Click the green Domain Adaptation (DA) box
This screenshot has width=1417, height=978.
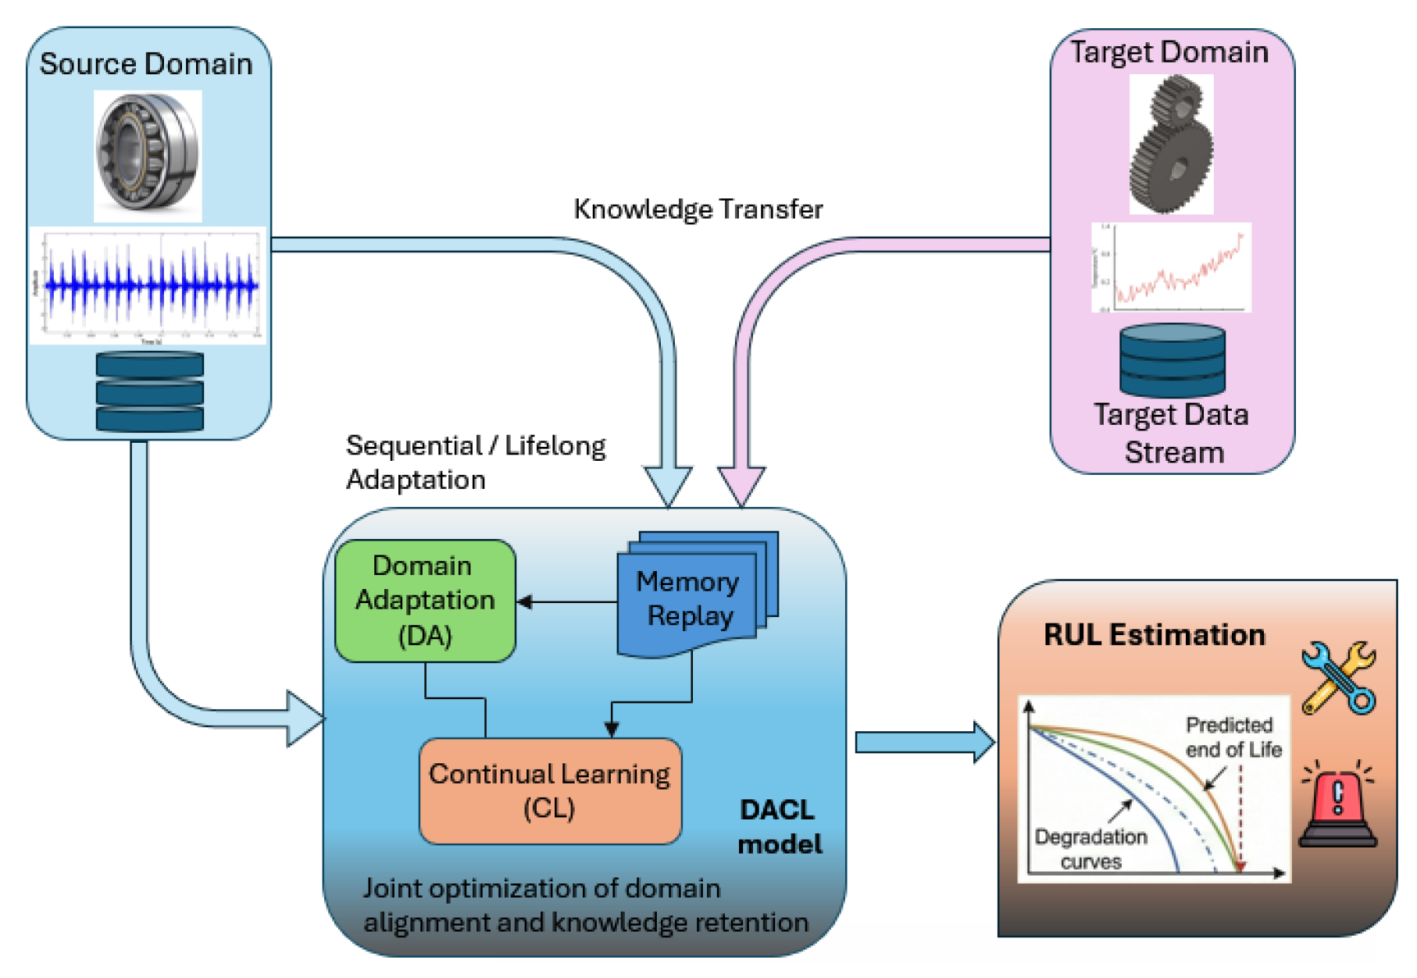pos(425,600)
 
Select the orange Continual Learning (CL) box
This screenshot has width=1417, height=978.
pos(550,791)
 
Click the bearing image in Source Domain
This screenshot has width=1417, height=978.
pos(148,155)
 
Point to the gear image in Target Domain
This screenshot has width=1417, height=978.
pos(1171,145)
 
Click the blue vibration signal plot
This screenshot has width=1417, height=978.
pos(148,286)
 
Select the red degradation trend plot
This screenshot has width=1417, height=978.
pos(1171,268)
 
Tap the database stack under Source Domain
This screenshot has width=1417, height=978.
pos(149,391)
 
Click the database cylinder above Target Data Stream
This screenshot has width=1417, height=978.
pos(1172,361)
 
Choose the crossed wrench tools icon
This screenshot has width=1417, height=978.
pos(1338,678)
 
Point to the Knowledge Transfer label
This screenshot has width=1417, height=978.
pos(698,209)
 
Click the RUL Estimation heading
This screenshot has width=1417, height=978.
pos(1154,634)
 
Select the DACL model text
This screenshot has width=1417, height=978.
pos(779,826)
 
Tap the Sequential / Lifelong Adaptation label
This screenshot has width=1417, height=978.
pos(474,462)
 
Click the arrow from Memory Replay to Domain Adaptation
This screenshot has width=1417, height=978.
pos(566,602)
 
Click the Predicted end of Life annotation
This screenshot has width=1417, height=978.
pos(1233,737)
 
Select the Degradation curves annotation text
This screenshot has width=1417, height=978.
pos(1090,848)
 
